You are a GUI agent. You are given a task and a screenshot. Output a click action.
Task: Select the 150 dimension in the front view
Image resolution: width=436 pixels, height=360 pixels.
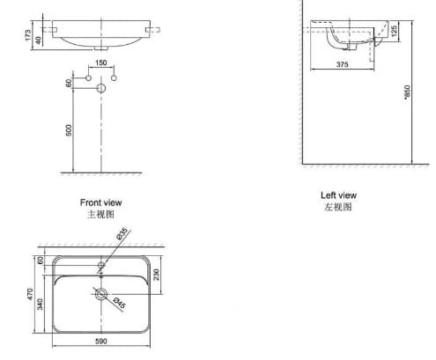pos(100,63)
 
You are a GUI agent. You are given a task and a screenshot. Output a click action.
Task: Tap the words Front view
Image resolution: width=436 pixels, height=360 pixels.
pos(100,202)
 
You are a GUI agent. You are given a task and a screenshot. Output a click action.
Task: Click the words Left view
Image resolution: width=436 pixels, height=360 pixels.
pos(339,195)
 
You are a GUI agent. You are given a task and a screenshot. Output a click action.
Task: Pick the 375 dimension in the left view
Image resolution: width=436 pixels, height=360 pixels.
pos(339,63)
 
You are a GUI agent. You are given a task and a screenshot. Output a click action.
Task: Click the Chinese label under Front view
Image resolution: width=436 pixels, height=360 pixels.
pos(100,214)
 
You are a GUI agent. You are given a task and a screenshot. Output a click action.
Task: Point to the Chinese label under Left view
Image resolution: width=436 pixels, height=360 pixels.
pos(339,208)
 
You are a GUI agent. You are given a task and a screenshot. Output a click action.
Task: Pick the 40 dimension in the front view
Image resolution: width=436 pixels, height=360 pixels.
pos(39,41)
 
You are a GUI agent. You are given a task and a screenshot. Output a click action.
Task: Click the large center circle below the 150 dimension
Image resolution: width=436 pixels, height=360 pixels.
pos(100,88)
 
